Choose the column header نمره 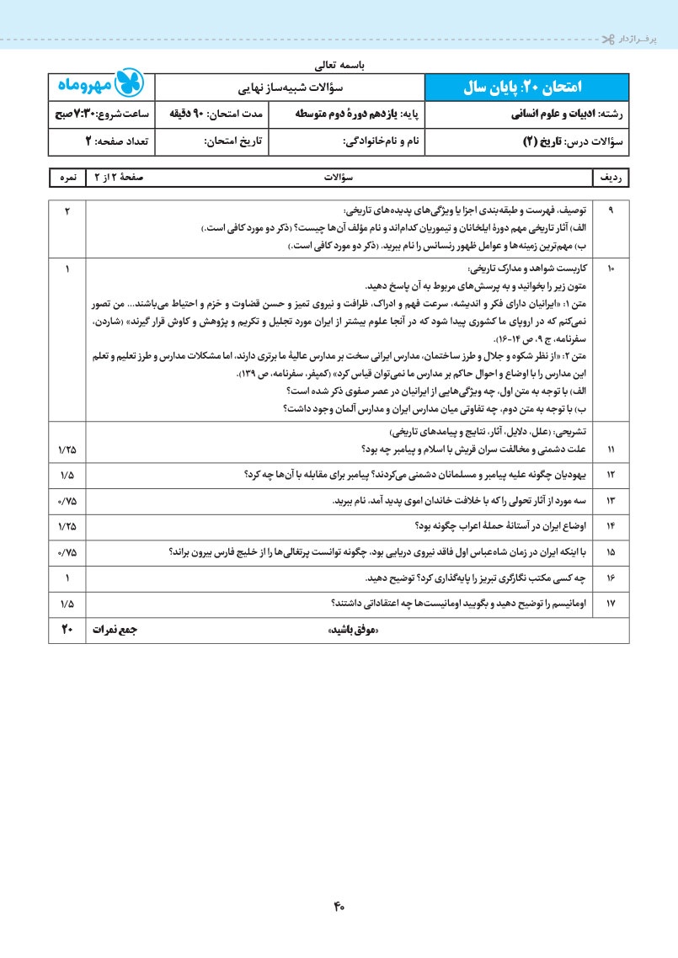coord(67,178)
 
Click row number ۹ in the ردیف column coord(611,210)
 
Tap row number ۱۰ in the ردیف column coord(611,269)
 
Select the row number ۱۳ coord(611,501)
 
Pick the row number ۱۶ coord(611,578)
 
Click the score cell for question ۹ coord(67,210)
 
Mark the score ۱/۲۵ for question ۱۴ coord(67,526)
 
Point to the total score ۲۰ coord(67,629)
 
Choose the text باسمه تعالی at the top coord(339,63)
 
